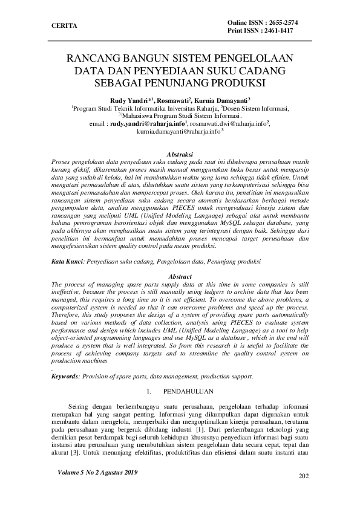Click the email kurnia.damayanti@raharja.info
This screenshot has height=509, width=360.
tap(178, 131)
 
